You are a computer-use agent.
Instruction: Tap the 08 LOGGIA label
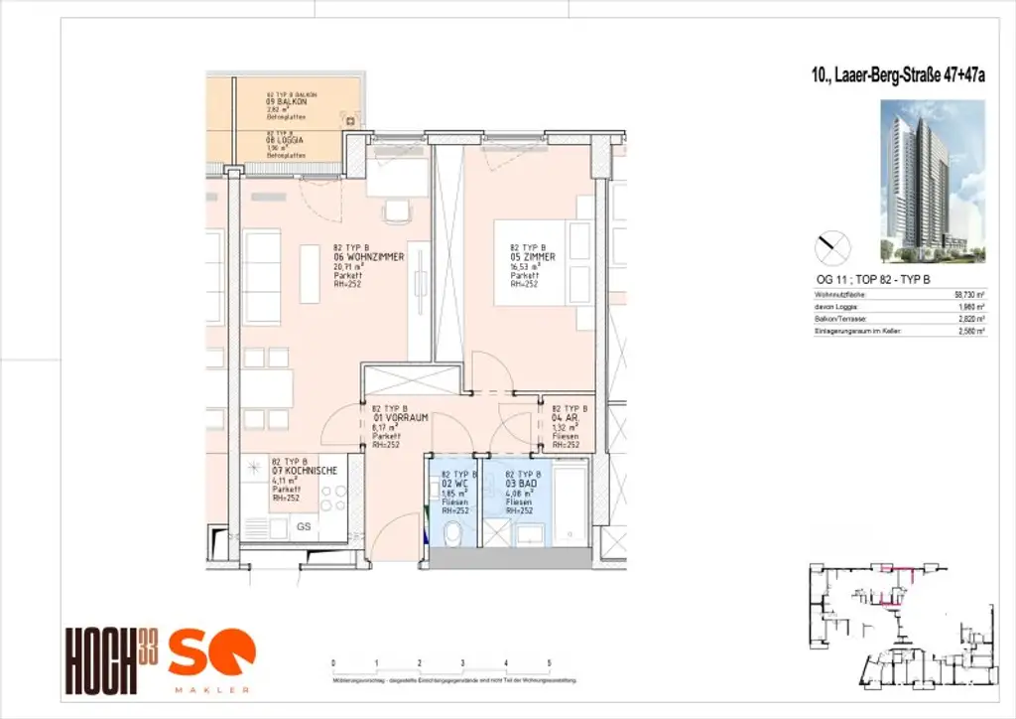pyautogui.click(x=285, y=141)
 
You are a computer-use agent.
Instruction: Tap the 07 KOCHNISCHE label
pyautogui.click(x=304, y=471)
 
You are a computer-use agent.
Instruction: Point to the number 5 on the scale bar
pyautogui.click(x=549, y=662)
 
